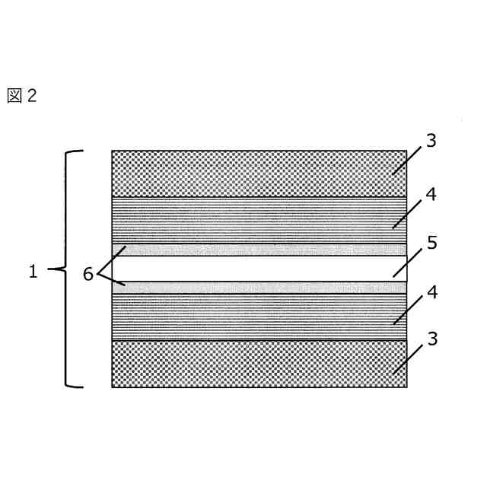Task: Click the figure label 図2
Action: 21,96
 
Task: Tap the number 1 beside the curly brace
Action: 33,272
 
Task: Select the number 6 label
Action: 88,274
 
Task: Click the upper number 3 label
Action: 431,141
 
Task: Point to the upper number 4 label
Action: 431,195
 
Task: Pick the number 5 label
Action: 431,243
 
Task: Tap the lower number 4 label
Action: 431,293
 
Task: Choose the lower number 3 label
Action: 431,339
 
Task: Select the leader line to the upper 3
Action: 407,161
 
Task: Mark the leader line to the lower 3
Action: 407,359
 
